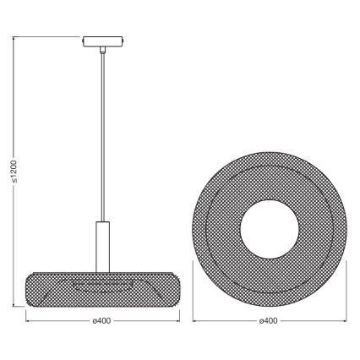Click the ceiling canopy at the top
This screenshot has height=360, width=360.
pyautogui.click(x=102, y=41)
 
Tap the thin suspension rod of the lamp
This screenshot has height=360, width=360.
pyautogui.click(x=102, y=135)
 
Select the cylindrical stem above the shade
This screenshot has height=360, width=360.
pyautogui.click(x=102, y=245)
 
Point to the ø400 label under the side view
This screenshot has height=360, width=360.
pyautogui.click(x=102, y=322)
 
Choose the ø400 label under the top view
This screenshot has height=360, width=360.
pyautogui.click(x=268, y=322)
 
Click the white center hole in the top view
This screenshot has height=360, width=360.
pyautogui.click(x=268, y=227)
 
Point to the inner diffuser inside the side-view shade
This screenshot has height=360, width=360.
pyautogui.click(x=102, y=281)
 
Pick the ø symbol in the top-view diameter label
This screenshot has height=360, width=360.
pyautogui.click(x=259, y=322)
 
